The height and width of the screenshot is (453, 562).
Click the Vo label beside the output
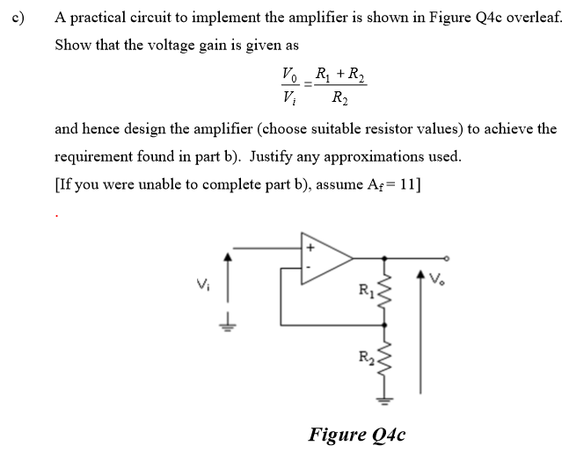437,279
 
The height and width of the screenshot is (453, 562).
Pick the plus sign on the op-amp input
310,248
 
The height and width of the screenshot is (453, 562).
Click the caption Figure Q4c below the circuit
356,434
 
